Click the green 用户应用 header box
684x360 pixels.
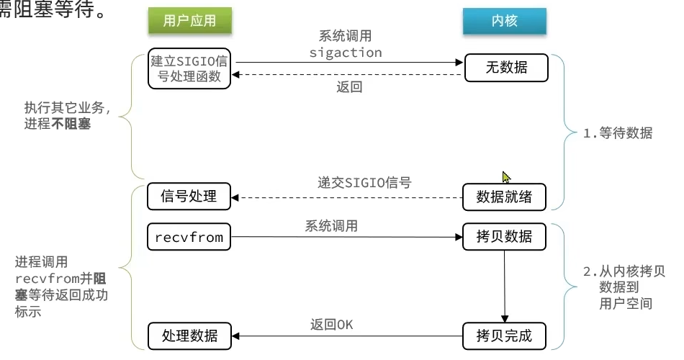pos(189,21)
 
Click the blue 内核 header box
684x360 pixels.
pos(504,21)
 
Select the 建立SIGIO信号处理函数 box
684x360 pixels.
pos(190,69)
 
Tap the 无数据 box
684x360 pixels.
pos(505,68)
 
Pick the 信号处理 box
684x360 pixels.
pos(190,196)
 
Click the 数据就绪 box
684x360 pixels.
pos(504,196)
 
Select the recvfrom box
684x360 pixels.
pos(190,237)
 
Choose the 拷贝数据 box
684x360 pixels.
pos(504,237)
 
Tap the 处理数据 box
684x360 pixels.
pos(190,336)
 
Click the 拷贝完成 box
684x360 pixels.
pos(504,336)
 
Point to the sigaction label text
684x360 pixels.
pos(346,53)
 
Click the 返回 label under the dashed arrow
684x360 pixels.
pos(349,87)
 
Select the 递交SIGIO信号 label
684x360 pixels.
pos(364,182)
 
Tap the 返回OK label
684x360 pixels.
pos(332,324)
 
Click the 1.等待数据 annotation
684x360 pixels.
pos(618,133)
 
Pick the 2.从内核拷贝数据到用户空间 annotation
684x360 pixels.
pos(624,287)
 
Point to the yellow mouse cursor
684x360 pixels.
pos(507,177)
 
